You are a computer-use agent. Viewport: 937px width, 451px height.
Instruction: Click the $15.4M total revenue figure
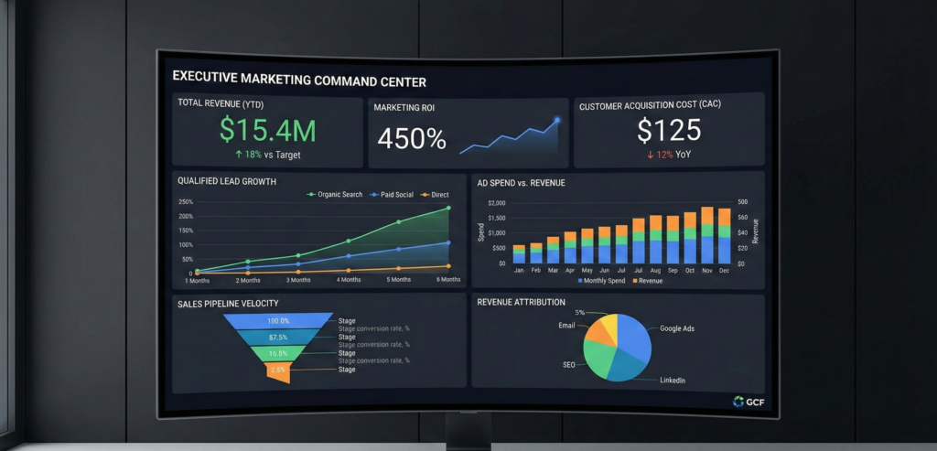[x=267, y=131]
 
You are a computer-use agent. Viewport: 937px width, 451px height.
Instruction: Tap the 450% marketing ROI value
[x=412, y=139]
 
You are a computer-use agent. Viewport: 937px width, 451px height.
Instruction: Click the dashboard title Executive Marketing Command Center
[x=299, y=81]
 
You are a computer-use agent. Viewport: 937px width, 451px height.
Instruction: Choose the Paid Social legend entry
[x=392, y=195]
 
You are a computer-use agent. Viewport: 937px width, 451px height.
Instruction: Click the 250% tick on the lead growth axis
[x=185, y=202]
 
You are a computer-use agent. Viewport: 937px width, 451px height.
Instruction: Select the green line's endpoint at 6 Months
[x=448, y=209]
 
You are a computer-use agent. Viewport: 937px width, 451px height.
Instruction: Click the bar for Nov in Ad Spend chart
[x=707, y=235]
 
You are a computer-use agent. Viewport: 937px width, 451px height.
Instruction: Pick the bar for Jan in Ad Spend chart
[x=519, y=253]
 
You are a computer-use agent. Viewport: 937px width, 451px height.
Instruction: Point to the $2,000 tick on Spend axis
[x=496, y=203]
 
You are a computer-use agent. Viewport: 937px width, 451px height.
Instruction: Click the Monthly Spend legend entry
[x=603, y=281]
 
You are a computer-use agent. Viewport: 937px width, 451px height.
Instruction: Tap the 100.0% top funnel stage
[x=278, y=321]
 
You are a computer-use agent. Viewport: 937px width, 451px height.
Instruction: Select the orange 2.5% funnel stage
[x=278, y=370]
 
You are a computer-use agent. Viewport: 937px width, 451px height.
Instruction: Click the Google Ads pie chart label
[x=677, y=328]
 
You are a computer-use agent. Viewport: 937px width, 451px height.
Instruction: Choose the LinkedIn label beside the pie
[x=673, y=380]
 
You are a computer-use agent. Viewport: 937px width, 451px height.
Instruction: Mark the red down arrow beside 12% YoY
[x=651, y=155]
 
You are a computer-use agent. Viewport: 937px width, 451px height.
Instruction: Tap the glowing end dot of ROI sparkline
[x=556, y=120]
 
